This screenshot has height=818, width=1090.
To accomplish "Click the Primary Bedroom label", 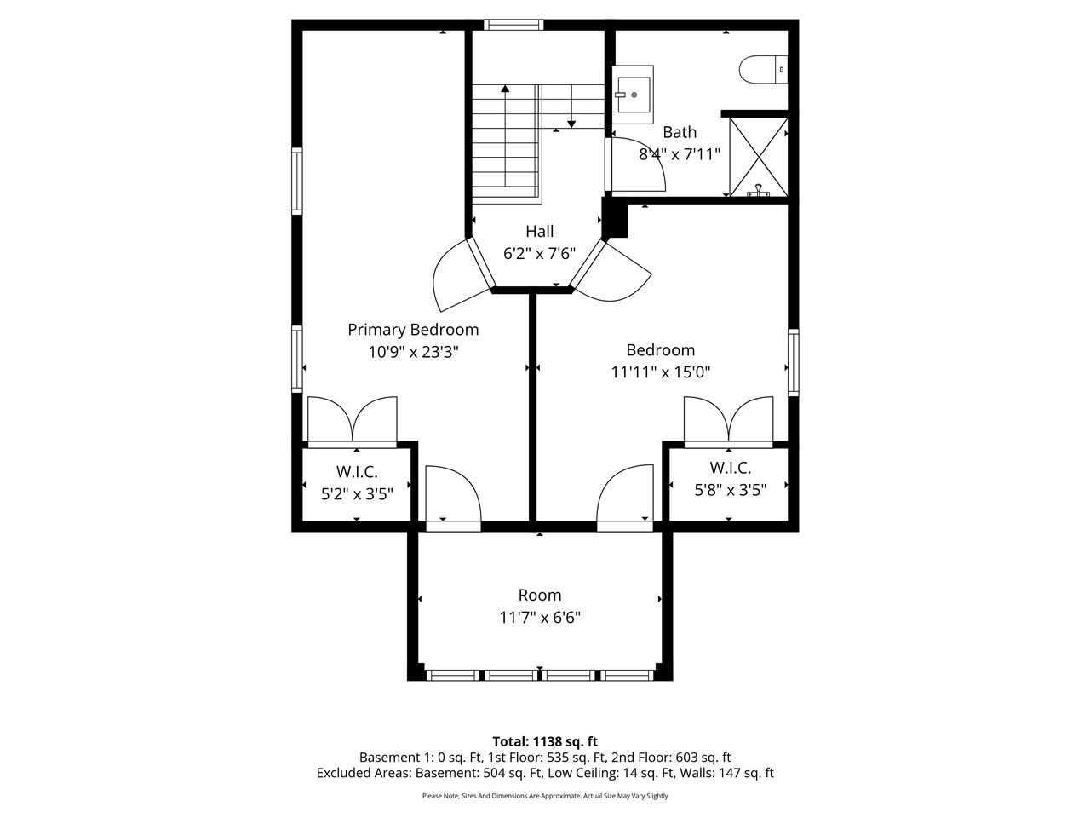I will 413,330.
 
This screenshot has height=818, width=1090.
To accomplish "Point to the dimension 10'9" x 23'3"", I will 413,352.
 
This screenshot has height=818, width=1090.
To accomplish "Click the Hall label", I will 539,231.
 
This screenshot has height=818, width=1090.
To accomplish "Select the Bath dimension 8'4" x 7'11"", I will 680,154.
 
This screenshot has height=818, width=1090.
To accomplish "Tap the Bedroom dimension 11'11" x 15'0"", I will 660,372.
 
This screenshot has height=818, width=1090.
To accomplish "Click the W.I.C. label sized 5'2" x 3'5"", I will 356,471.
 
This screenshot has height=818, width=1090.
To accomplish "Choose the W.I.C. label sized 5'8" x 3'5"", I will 730,468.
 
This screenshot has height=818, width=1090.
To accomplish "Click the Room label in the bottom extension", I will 540,596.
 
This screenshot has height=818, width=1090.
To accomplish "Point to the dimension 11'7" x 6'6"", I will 540,618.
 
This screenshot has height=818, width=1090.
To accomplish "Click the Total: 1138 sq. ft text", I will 545,741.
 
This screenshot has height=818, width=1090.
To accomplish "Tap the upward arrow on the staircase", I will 506,88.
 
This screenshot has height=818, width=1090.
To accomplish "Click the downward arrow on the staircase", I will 571,124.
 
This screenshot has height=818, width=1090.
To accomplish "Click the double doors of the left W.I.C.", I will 352,420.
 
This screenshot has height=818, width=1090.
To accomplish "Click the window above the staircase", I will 513,25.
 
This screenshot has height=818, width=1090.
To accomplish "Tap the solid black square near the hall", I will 615,219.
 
